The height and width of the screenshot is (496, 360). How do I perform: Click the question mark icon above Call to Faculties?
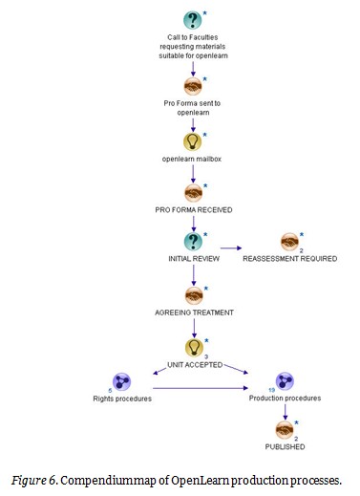click(x=194, y=20)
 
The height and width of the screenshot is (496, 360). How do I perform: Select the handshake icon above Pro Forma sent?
click(x=194, y=83)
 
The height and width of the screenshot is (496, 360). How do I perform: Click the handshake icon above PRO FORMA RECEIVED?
click(x=194, y=190)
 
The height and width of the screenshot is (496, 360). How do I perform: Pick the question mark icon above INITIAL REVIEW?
click(x=194, y=242)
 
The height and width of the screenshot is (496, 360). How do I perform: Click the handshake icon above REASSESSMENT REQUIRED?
click(x=289, y=242)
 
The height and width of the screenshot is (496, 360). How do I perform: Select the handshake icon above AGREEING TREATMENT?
click(x=194, y=295)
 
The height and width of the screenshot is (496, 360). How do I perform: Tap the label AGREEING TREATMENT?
click(x=194, y=313)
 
